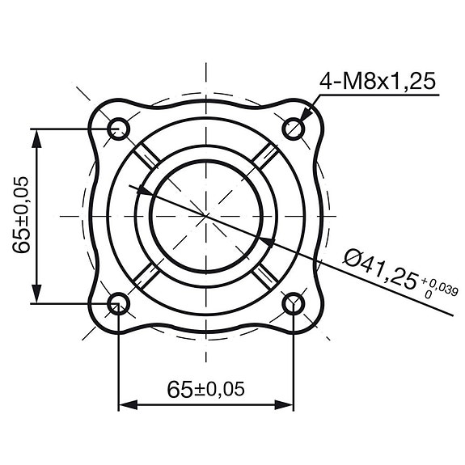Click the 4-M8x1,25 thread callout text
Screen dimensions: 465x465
[x=378, y=81]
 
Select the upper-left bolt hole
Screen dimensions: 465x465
[x=119, y=128]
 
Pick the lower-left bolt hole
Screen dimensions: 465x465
[x=119, y=303]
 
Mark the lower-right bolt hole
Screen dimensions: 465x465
[x=294, y=303]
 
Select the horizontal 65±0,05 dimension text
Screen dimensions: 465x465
[x=206, y=389]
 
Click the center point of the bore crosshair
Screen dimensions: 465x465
[x=206, y=215]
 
